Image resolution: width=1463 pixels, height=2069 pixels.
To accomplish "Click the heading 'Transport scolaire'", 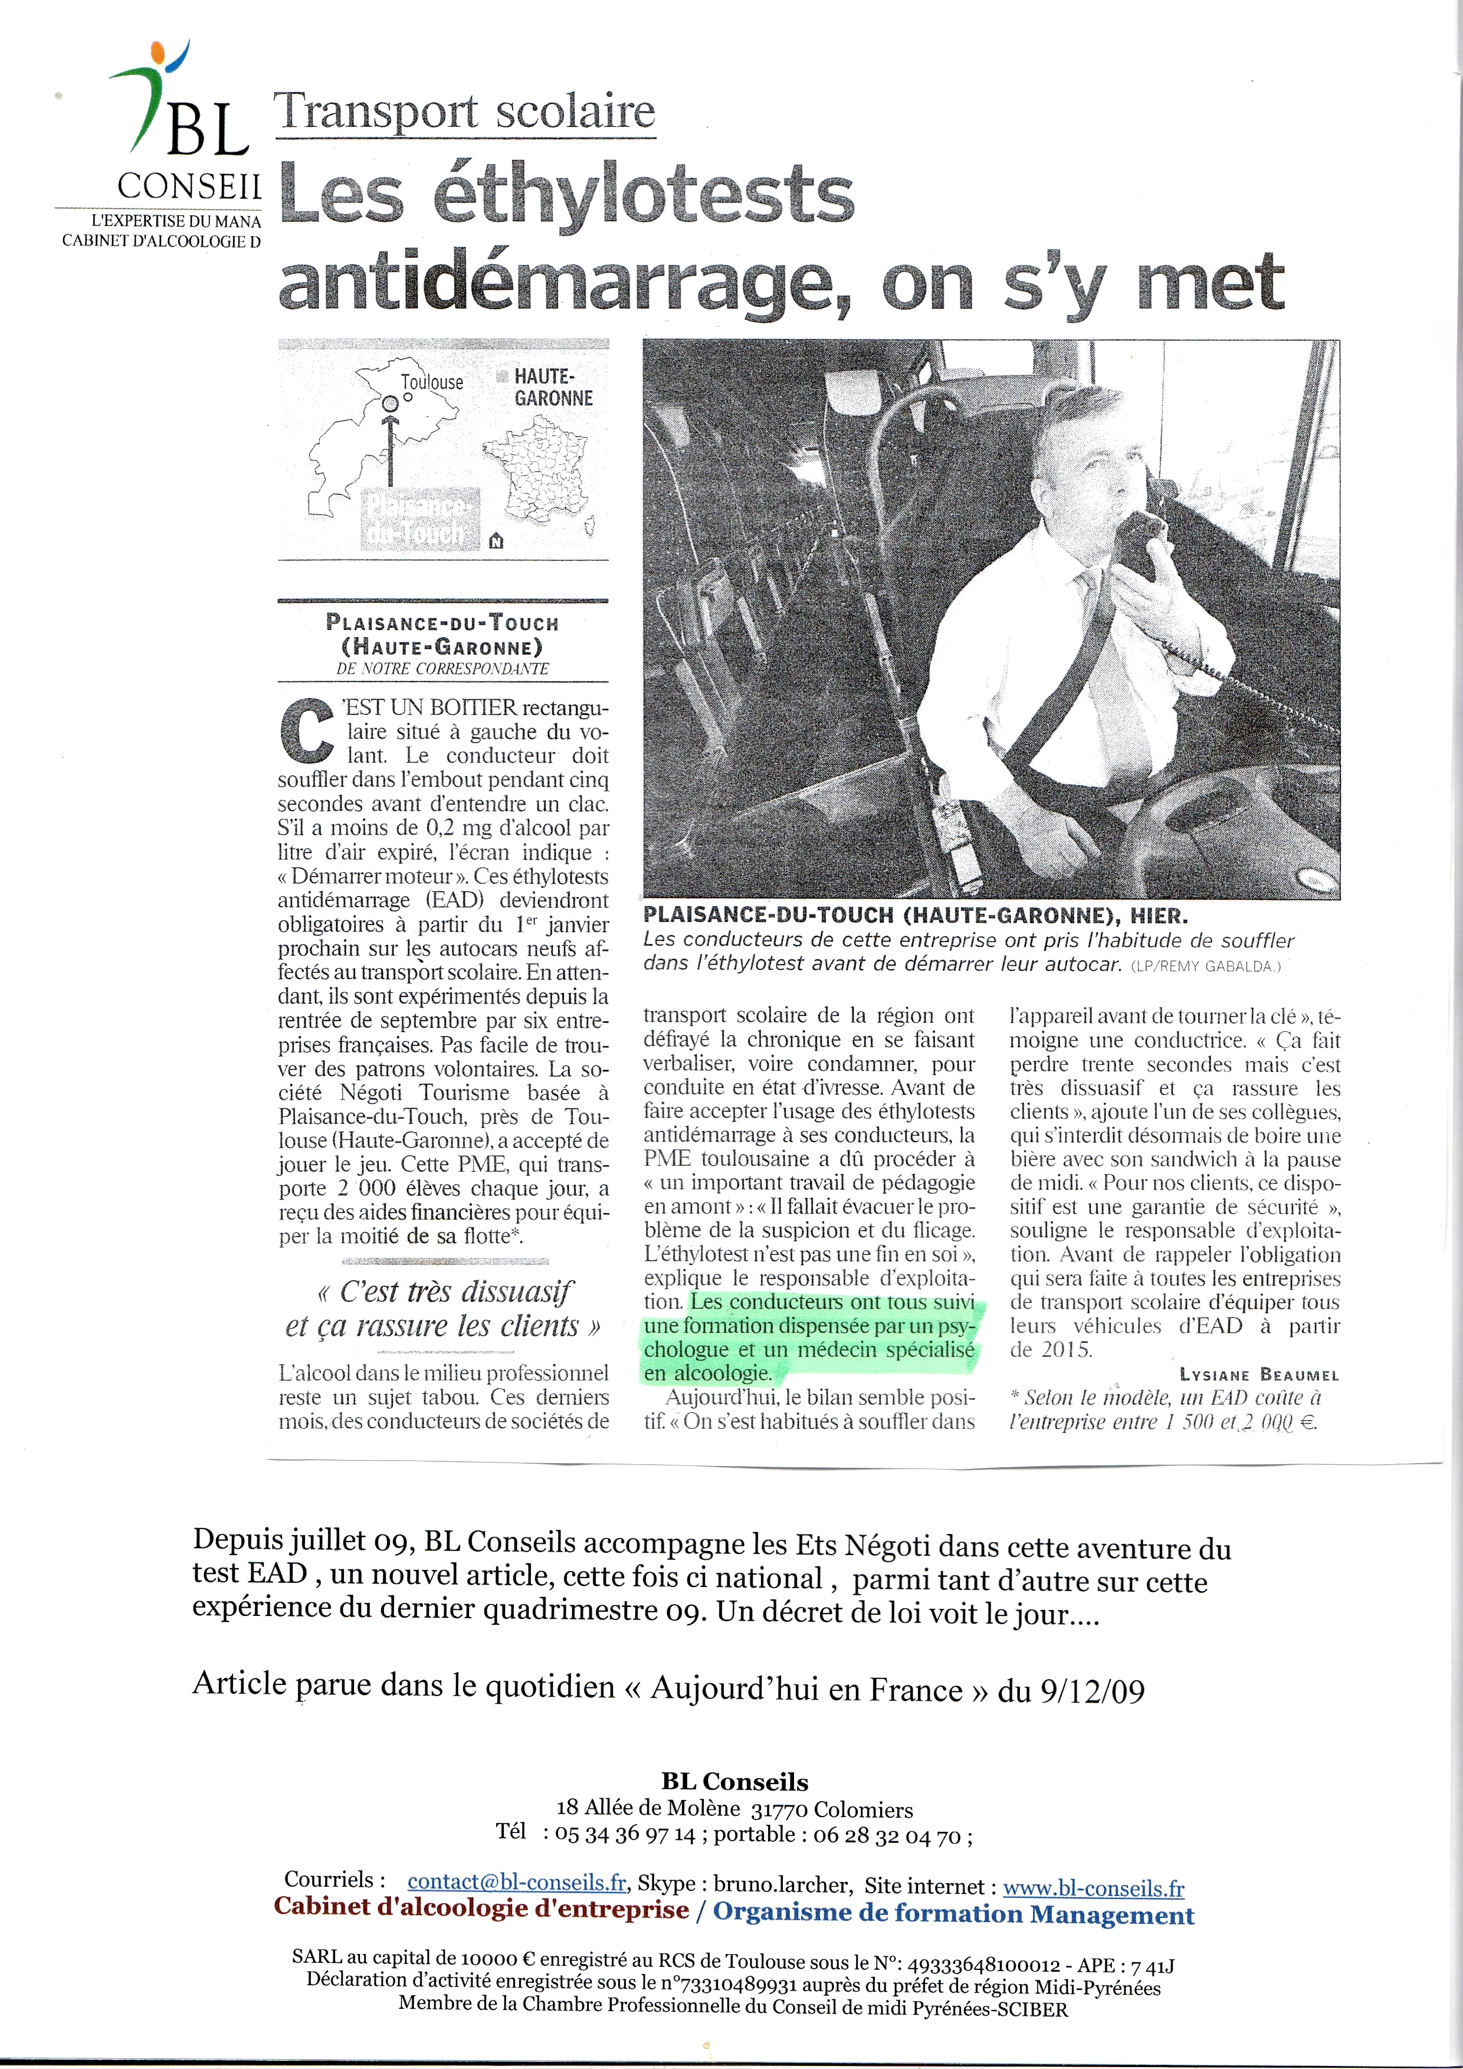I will point(465,113).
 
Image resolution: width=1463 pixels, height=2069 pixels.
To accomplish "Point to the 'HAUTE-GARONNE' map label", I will point(553,388).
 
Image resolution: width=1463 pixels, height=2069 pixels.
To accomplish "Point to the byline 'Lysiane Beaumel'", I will point(1258,1374).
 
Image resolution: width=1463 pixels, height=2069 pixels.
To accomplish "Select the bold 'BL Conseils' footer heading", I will point(734,1782).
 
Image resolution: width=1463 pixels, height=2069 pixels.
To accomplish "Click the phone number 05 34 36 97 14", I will point(625,1835).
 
